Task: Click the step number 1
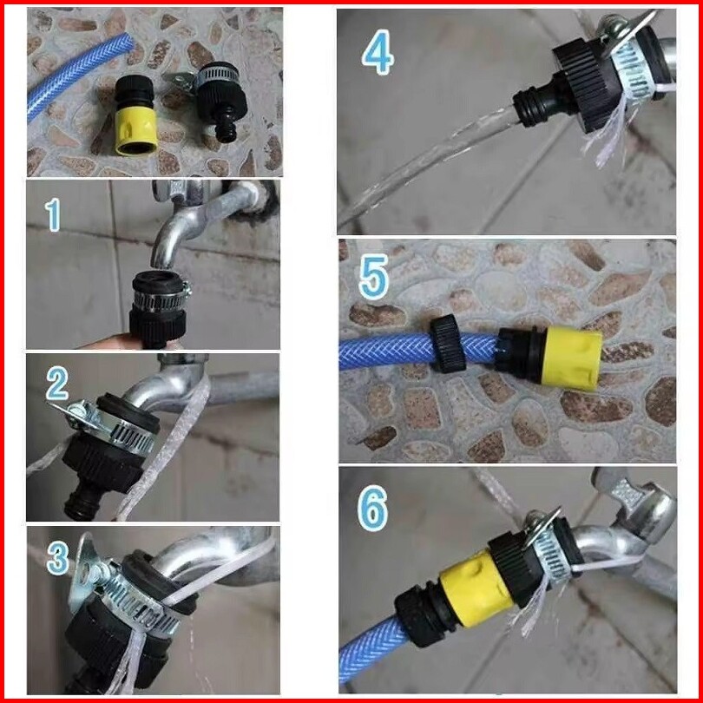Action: click(53, 215)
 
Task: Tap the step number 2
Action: click(57, 384)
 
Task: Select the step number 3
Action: click(58, 558)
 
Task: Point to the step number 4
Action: click(378, 51)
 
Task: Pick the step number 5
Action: click(373, 277)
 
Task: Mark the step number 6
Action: click(372, 509)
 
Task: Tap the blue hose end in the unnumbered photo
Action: click(81, 72)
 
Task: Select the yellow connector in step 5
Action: click(571, 358)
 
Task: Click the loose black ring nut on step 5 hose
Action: click(449, 345)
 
